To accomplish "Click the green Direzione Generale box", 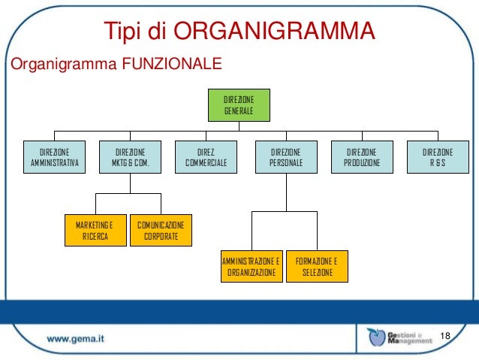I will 239,106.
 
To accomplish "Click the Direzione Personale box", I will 285,157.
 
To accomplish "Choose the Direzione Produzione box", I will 362,157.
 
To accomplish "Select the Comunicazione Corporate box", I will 161,231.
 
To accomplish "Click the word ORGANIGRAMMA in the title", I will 274,31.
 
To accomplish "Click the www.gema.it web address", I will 76,339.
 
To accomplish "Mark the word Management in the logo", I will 411,340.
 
